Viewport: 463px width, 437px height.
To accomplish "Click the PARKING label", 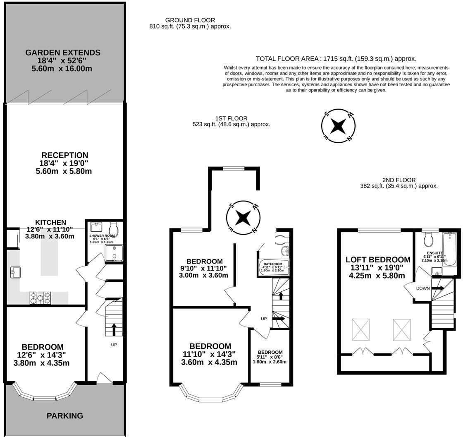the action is [64, 416].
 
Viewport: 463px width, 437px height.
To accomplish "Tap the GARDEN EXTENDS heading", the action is [63, 53].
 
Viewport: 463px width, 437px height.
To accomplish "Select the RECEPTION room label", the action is [64, 155].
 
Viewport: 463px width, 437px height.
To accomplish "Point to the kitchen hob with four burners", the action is [40, 298].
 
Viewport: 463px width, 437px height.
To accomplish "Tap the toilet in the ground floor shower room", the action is [113, 229].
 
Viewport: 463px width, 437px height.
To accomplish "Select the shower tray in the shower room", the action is [114, 253].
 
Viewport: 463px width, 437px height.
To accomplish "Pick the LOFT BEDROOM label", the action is [378, 259].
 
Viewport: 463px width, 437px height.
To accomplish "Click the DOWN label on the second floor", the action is [423, 288].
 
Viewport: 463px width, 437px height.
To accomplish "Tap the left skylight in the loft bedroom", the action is [360, 329].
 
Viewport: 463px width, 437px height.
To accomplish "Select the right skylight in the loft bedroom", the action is [401, 329].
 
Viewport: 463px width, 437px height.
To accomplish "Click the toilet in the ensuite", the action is [427, 239].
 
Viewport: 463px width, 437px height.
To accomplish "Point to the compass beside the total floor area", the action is [338, 126].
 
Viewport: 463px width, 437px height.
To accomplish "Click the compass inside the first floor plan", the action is [243, 218].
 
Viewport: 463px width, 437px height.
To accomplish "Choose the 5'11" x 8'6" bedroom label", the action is [270, 357].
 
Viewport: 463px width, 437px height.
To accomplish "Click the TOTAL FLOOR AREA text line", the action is [336, 58].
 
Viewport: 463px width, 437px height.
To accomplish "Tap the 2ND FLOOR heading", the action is [399, 180].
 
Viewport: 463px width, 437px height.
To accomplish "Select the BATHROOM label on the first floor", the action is [273, 264].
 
